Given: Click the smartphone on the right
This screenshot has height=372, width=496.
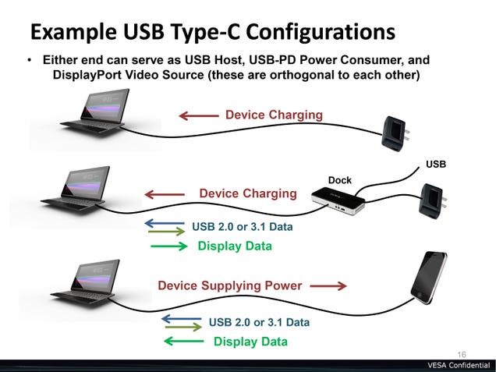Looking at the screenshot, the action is click(429, 278).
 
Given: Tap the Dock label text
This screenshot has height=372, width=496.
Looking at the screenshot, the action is click(340, 180).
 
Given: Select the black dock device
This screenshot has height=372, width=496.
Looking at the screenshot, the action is click(338, 200).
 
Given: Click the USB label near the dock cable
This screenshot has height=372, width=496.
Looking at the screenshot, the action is click(436, 165).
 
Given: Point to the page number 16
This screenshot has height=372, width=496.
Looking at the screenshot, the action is click(462, 355).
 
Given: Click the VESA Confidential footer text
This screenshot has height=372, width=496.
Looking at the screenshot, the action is click(459, 365).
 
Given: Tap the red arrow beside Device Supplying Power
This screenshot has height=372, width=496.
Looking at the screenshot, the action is click(328, 286).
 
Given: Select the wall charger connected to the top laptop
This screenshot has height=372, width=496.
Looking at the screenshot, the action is click(395, 133).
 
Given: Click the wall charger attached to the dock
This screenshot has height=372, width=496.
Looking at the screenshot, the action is click(433, 201).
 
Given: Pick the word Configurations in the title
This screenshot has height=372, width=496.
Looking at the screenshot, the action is click(321, 32).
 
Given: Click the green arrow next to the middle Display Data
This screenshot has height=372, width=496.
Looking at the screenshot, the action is click(169, 246).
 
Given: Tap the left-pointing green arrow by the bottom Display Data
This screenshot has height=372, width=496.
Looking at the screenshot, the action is click(183, 342).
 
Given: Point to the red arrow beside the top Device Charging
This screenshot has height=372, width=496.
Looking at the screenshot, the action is click(199, 115).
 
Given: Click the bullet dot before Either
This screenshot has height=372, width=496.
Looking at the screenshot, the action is click(30, 60).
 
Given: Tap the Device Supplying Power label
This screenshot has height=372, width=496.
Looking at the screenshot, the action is click(229, 285).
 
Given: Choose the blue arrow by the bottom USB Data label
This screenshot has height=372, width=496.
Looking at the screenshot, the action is click(181, 318).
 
